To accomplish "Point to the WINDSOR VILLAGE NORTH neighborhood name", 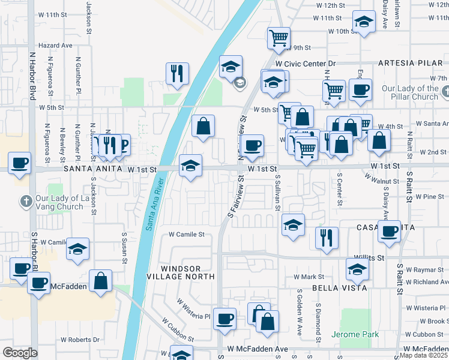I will [181, 271].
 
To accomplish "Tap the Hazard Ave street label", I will [55, 45].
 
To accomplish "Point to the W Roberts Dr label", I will [79, 340].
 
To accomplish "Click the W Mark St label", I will [309, 277].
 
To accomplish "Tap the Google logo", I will [20, 353].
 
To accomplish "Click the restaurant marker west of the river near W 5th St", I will [177, 73].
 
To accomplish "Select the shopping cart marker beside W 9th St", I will [279, 38].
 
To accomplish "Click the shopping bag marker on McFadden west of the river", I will [100, 280].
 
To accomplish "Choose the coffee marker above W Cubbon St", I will [225, 318].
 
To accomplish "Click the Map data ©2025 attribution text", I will [424, 355].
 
